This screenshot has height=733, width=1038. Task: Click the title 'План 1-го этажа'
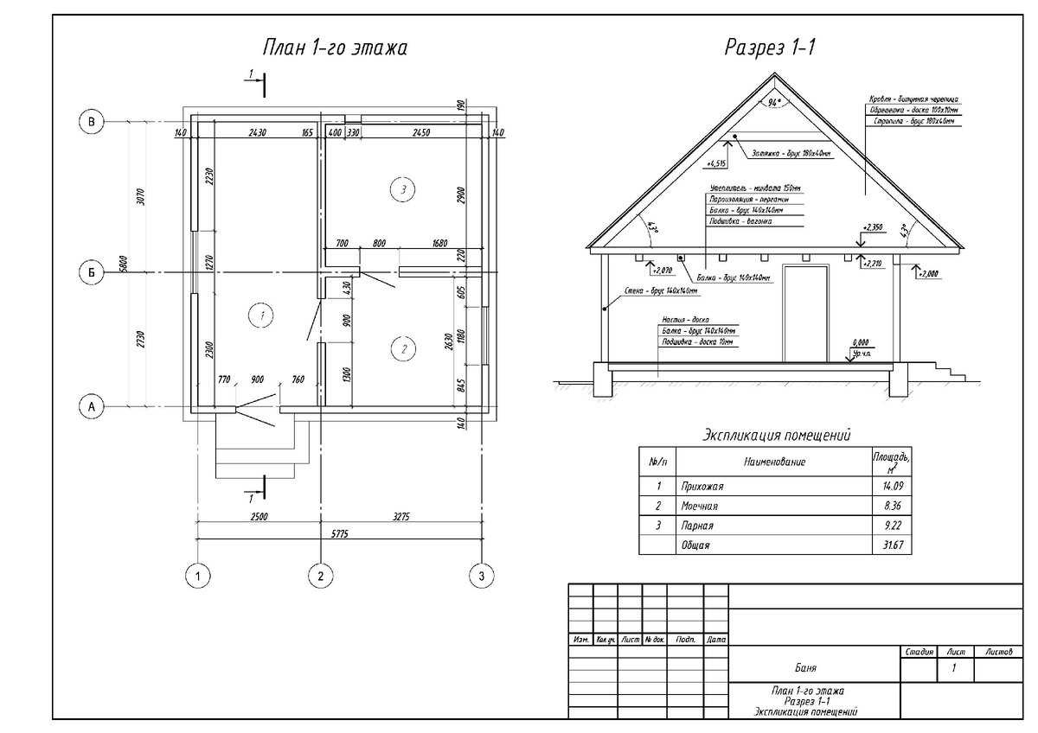coord(335,48)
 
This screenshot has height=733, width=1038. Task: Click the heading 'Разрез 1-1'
coord(771,48)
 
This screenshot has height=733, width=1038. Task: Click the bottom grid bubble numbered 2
coord(321,575)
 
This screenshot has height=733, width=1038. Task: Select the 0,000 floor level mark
coord(860,343)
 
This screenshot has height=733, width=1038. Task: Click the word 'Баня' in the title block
coord(804,669)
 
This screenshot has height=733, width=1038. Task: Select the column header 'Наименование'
coord(774,462)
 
